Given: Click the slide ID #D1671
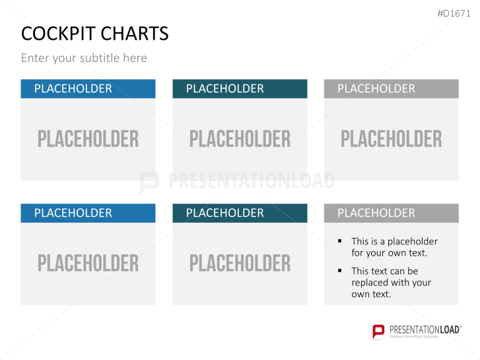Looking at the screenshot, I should pos(454,13).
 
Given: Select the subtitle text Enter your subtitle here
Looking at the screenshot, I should pos(84,58).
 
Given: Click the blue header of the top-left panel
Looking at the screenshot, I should pos(88,89).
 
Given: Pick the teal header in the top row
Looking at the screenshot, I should pos(240,89).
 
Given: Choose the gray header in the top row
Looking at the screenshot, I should pos(391,89).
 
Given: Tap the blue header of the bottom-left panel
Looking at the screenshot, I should pos(88,213).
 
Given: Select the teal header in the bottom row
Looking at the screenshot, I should pos(240,213).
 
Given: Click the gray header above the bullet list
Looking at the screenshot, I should pos(391,213).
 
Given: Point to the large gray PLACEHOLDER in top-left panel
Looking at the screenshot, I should pos(88,139).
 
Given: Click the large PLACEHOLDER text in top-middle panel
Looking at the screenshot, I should pos(240,139).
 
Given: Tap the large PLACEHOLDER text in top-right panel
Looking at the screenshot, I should pos(391,139).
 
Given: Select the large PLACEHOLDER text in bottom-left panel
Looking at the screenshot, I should pos(88,263).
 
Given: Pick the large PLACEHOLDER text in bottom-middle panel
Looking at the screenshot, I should pos(240,263).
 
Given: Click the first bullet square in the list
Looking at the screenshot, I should pos(340,241).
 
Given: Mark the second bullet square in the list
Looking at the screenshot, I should pos(340,271).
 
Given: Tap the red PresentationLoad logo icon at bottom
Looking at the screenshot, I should pos(378,331).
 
